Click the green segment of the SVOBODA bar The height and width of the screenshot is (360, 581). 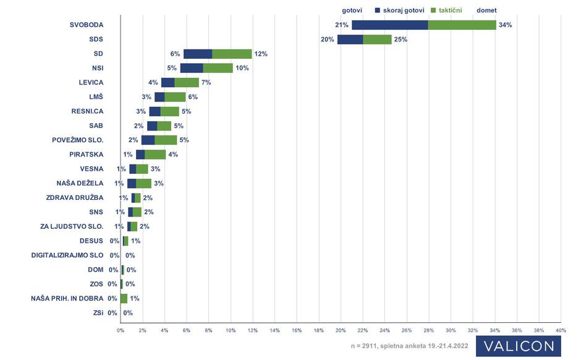coord(462,25)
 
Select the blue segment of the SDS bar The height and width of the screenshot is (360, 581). coord(350,40)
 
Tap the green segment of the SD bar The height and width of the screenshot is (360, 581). coord(232,54)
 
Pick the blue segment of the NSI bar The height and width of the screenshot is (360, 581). coord(192,68)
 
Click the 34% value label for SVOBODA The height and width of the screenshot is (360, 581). coord(506,25)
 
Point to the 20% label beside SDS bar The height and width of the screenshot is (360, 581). coord(328,40)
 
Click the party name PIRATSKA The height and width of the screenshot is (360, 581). coord(86,154)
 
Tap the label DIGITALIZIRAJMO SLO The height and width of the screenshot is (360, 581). coord(67,255)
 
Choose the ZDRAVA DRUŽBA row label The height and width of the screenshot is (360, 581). coord(75,197)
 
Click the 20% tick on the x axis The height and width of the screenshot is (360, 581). coord(341,330)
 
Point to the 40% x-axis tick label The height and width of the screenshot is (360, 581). coord(561,330)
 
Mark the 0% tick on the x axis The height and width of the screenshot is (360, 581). coord(121,330)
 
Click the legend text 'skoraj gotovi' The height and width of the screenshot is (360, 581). coord(403,10)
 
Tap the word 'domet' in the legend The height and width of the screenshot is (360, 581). coord(486,10)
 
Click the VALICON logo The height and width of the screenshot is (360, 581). coord(518,346)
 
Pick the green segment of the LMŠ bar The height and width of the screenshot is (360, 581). coord(175,96)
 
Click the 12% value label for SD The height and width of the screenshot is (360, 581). coord(260,54)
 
